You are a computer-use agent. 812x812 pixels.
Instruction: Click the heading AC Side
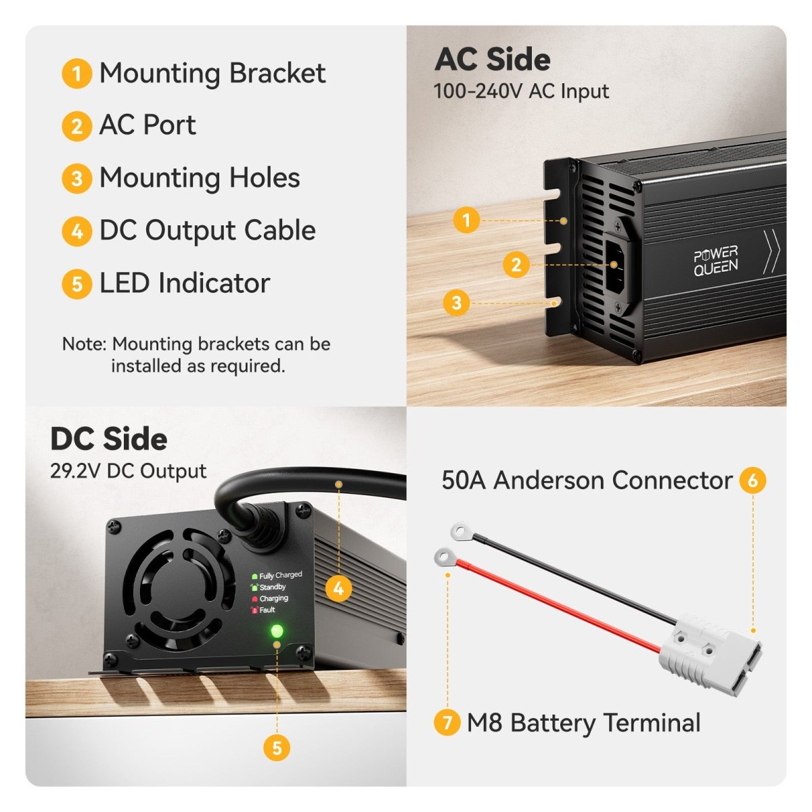[x=492, y=60]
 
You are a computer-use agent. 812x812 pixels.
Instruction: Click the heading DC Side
[x=109, y=439]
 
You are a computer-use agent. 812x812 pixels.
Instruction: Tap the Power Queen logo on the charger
[x=715, y=261]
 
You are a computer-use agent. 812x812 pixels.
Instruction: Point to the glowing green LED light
[x=277, y=631]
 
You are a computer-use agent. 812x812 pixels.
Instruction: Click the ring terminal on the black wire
[x=460, y=531]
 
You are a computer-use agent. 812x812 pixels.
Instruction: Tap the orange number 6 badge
[x=753, y=480]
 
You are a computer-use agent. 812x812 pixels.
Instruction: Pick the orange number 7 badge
[x=447, y=723]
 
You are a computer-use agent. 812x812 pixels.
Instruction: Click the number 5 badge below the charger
[x=277, y=748]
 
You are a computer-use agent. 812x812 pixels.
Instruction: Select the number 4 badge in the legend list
[x=76, y=231]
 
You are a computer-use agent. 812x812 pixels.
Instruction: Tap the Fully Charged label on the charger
[x=280, y=575]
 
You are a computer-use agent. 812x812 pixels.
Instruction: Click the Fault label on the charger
[x=267, y=610]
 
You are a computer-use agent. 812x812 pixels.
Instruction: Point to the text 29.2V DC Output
[x=128, y=471]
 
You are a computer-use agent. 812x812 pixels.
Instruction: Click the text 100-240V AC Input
[x=521, y=91]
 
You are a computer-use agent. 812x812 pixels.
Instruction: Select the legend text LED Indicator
[x=185, y=283]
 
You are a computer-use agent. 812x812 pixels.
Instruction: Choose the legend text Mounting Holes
[x=200, y=177]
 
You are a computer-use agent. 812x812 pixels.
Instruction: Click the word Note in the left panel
[x=85, y=344]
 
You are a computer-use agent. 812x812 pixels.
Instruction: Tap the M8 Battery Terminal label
[x=583, y=723]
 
